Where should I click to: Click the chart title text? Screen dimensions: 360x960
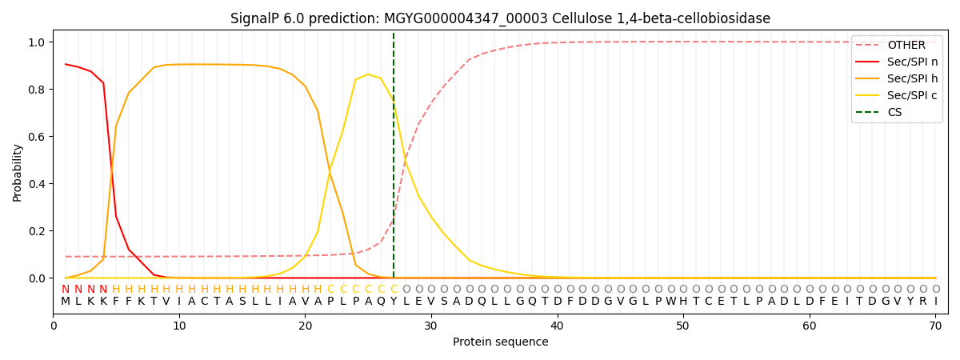tap(500, 18)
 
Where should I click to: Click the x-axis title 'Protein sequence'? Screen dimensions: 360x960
tap(500, 342)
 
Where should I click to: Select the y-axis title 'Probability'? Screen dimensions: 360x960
tap(18, 172)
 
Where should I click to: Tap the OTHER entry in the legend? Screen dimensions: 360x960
tap(906, 46)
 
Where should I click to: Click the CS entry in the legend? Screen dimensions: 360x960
tap(894, 113)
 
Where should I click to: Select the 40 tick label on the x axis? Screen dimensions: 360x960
tap(557, 326)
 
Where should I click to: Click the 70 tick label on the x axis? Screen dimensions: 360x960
tap(935, 326)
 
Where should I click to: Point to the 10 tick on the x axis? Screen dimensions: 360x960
tap(179, 326)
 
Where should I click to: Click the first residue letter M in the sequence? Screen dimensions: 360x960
tap(66, 302)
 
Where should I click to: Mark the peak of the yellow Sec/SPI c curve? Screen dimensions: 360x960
tap(368, 74)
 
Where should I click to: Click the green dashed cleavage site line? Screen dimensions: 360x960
tap(394, 160)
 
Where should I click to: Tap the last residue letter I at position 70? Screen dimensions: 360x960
tap(935, 302)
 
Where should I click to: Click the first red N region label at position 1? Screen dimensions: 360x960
tap(66, 290)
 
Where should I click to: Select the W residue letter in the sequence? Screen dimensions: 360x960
tap(670, 302)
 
